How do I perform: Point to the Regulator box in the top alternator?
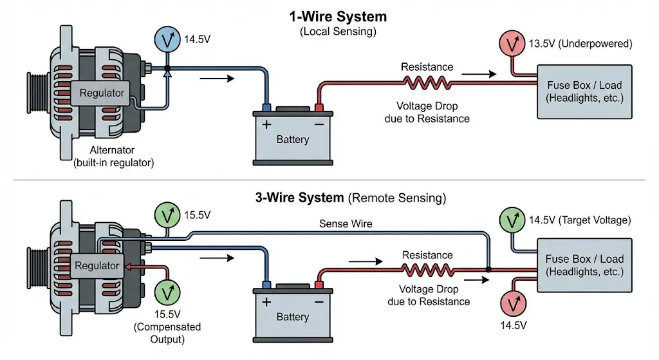point(102,93)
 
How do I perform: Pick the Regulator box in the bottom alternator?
point(97,265)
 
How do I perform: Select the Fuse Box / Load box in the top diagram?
point(584,91)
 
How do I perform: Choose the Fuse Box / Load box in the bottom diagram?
point(584,265)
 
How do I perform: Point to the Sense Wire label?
point(346,223)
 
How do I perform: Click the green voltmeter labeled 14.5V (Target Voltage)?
point(512,221)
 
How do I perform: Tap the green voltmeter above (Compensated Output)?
point(167,292)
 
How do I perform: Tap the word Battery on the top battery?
point(292,139)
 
